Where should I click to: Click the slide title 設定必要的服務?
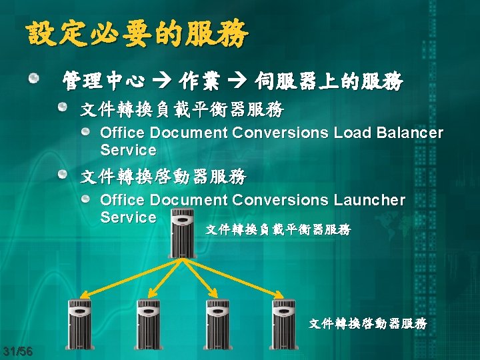pyautogui.click(x=137, y=33)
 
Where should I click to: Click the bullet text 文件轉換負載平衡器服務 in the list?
pyautogui.click(x=182, y=108)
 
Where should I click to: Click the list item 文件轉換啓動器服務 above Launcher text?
pyautogui.click(x=163, y=177)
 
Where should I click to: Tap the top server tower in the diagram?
pyautogui.click(x=181, y=233)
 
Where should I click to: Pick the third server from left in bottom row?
pyautogui.click(x=217, y=325)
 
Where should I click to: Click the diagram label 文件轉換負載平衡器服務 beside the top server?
pyautogui.click(x=277, y=230)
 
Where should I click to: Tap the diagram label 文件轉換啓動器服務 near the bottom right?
pyautogui.click(x=367, y=324)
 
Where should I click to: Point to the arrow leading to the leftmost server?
pyautogui.click(x=127, y=277)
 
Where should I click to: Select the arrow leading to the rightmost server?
pyautogui.click(x=237, y=277)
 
